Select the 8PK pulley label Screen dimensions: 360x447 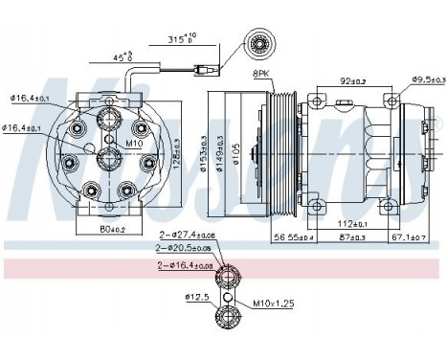263,72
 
